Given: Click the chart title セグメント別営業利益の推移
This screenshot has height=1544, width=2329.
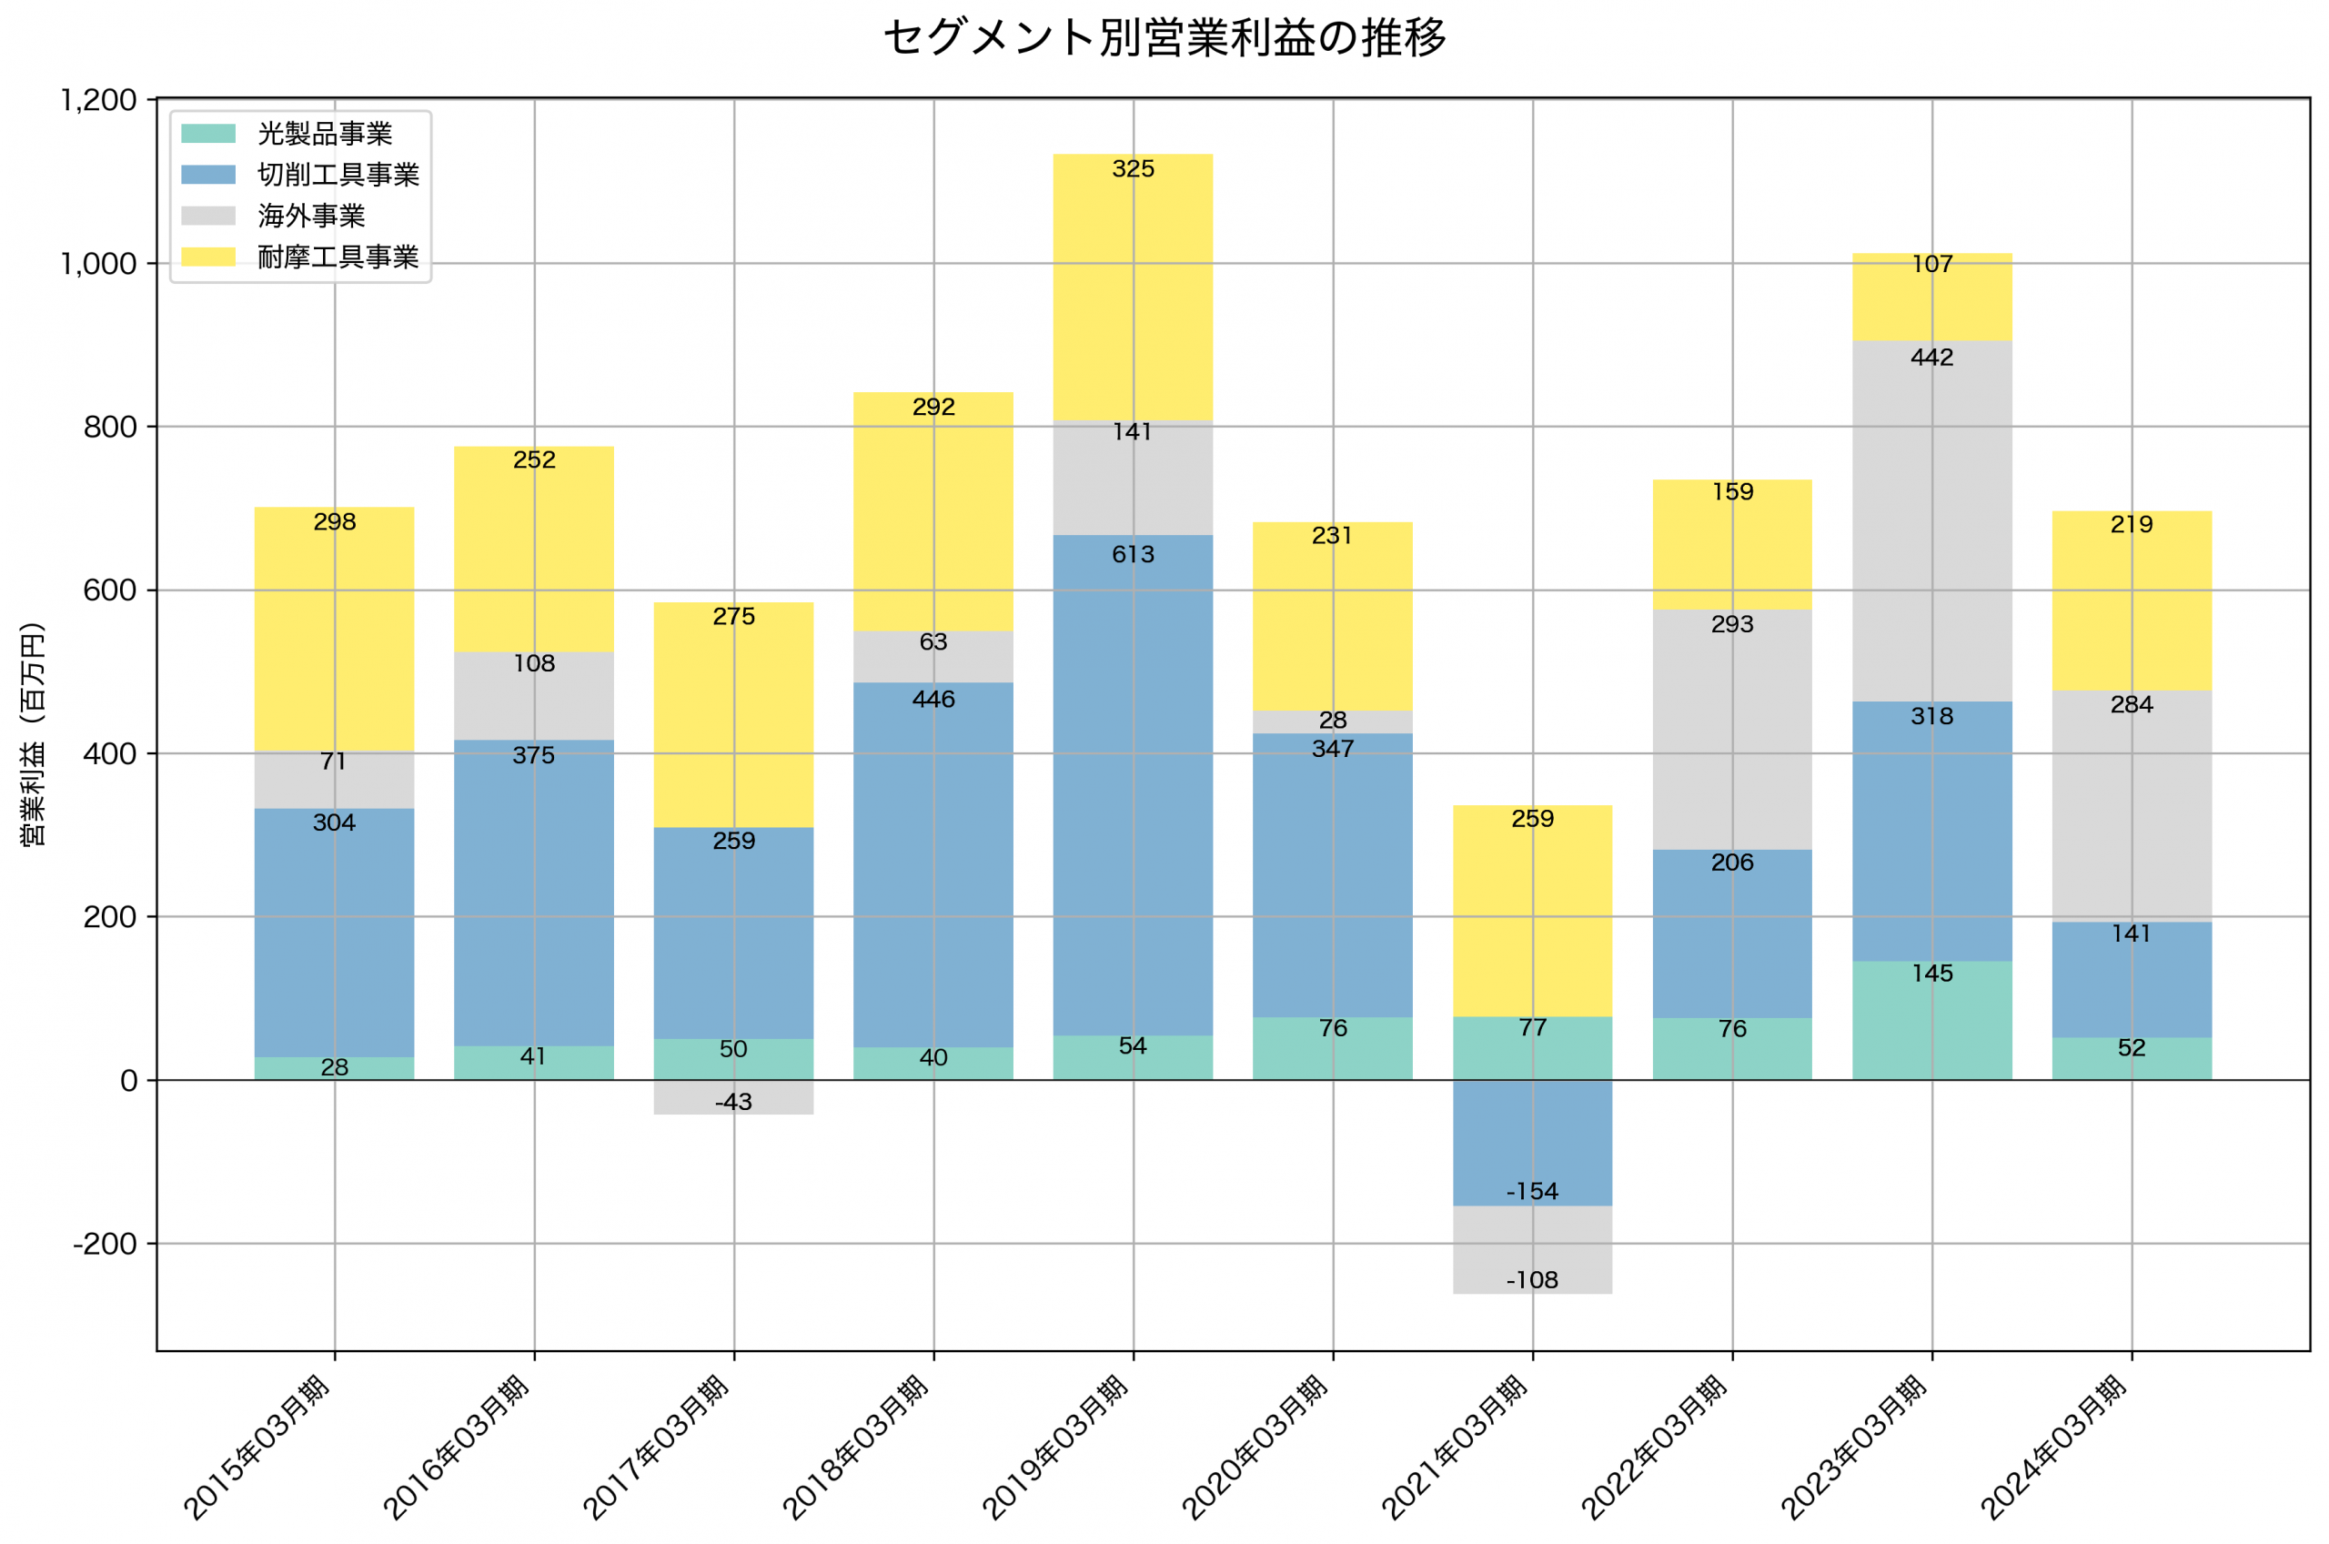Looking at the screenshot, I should (x=1164, y=37).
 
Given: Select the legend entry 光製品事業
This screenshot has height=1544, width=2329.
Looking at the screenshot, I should (x=324, y=134).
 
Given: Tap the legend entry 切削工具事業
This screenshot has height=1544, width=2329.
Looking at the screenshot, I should (x=338, y=175).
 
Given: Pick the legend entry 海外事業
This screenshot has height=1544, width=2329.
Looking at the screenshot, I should (x=311, y=216).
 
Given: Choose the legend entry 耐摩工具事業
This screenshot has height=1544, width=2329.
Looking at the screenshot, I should (x=338, y=257).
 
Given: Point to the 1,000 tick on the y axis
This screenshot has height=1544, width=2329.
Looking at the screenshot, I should (x=98, y=264).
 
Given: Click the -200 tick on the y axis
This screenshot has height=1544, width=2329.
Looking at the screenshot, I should (x=105, y=1244).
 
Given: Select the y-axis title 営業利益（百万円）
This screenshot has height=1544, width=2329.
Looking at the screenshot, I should (x=33, y=734).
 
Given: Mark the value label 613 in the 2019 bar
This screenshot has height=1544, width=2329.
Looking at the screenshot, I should (x=1133, y=554).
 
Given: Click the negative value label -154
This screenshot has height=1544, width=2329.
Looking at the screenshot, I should (x=1532, y=1192).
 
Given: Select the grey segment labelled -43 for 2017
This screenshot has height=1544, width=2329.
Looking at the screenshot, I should (x=733, y=1097).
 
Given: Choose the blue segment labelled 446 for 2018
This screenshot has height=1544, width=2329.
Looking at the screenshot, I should (x=933, y=866).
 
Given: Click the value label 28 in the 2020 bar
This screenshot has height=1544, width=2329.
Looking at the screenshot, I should (x=1332, y=721).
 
